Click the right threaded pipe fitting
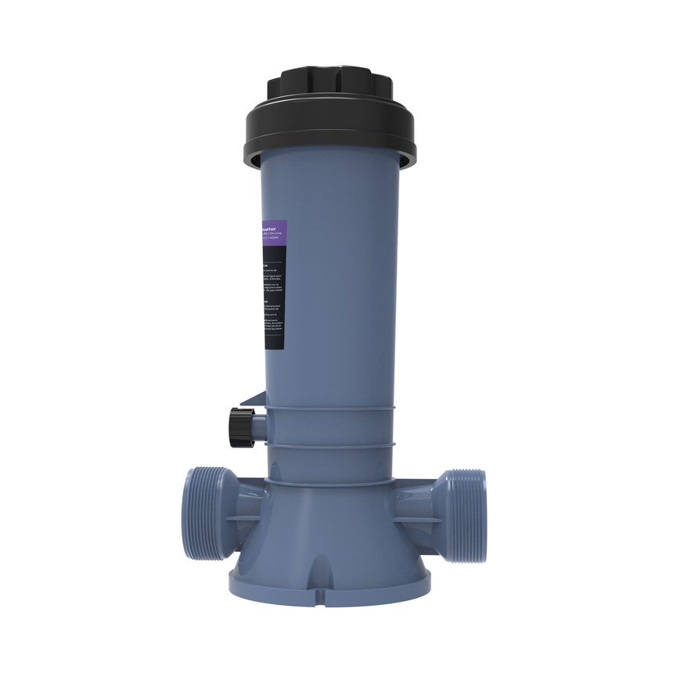pyautogui.click(x=462, y=515)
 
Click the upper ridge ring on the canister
pyautogui.click(x=333, y=409)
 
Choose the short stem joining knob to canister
pyautogui.click(x=259, y=427)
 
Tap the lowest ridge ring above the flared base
pyautogui.click(x=333, y=480)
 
